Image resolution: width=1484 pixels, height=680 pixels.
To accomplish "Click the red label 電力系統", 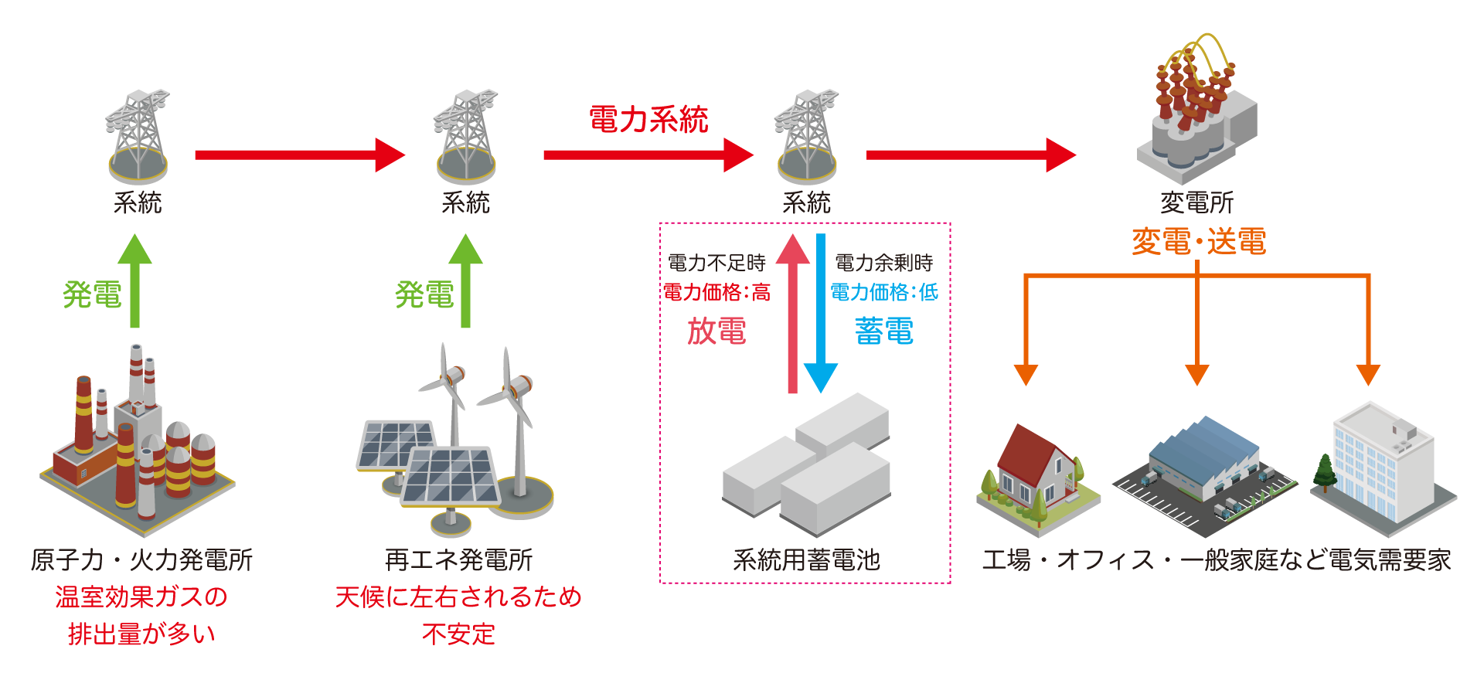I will (648, 120).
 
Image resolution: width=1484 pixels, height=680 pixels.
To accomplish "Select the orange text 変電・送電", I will (1198, 241).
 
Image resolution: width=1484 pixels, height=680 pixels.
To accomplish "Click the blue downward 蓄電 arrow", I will (821, 317).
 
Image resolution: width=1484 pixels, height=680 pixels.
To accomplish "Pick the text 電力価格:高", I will (716, 292).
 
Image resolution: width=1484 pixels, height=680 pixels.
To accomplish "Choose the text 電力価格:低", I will (883, 292).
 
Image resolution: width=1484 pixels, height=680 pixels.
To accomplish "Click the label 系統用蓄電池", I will (806, 559).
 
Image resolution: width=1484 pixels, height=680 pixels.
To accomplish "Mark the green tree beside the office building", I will (1325, 471).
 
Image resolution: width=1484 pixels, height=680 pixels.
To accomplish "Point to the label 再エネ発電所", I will (458, 559).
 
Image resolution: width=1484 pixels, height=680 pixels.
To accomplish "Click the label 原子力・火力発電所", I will (141, 559).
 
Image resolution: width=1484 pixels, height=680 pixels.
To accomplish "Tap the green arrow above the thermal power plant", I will (134, 282).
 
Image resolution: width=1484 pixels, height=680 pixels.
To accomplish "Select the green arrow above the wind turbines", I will (465, 282).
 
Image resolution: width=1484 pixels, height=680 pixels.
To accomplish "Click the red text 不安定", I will (458, 634).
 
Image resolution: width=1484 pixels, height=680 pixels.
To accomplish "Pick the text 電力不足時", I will (716, 263).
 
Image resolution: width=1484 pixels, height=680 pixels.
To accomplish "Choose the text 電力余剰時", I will (883, 263).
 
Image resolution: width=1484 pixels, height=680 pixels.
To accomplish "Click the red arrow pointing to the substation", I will (970, 155).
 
